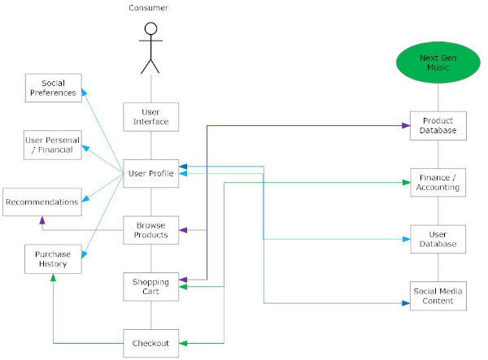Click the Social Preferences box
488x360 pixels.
tap(54, 88)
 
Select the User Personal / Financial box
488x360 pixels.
tap(53, 145)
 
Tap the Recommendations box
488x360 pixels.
tap(42, 202)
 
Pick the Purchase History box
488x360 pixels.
tap(53, 259)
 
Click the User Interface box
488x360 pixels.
tap(151, 117)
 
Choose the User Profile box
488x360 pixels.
tap(151, 173)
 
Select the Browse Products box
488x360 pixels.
tap(151, 230)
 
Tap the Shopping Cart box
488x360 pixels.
tap(151, 287)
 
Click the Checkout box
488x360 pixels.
tap(151, 343)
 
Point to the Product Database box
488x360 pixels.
tap(438, 126)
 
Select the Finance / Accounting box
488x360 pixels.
tap(438, 183)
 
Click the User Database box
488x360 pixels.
tap(438, 239)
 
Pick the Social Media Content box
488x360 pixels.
tap(438, 296)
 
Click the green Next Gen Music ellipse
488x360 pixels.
tap(438, 63)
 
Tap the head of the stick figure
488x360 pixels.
tap(151, 28)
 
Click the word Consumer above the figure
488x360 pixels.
tap(149, 8)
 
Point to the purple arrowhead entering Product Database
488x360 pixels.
tap(406, 126)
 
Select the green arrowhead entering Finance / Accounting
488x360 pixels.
tap(406, 183)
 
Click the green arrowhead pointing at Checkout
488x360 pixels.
tap(183, 343)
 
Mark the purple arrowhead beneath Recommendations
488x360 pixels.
tap(42, 220)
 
